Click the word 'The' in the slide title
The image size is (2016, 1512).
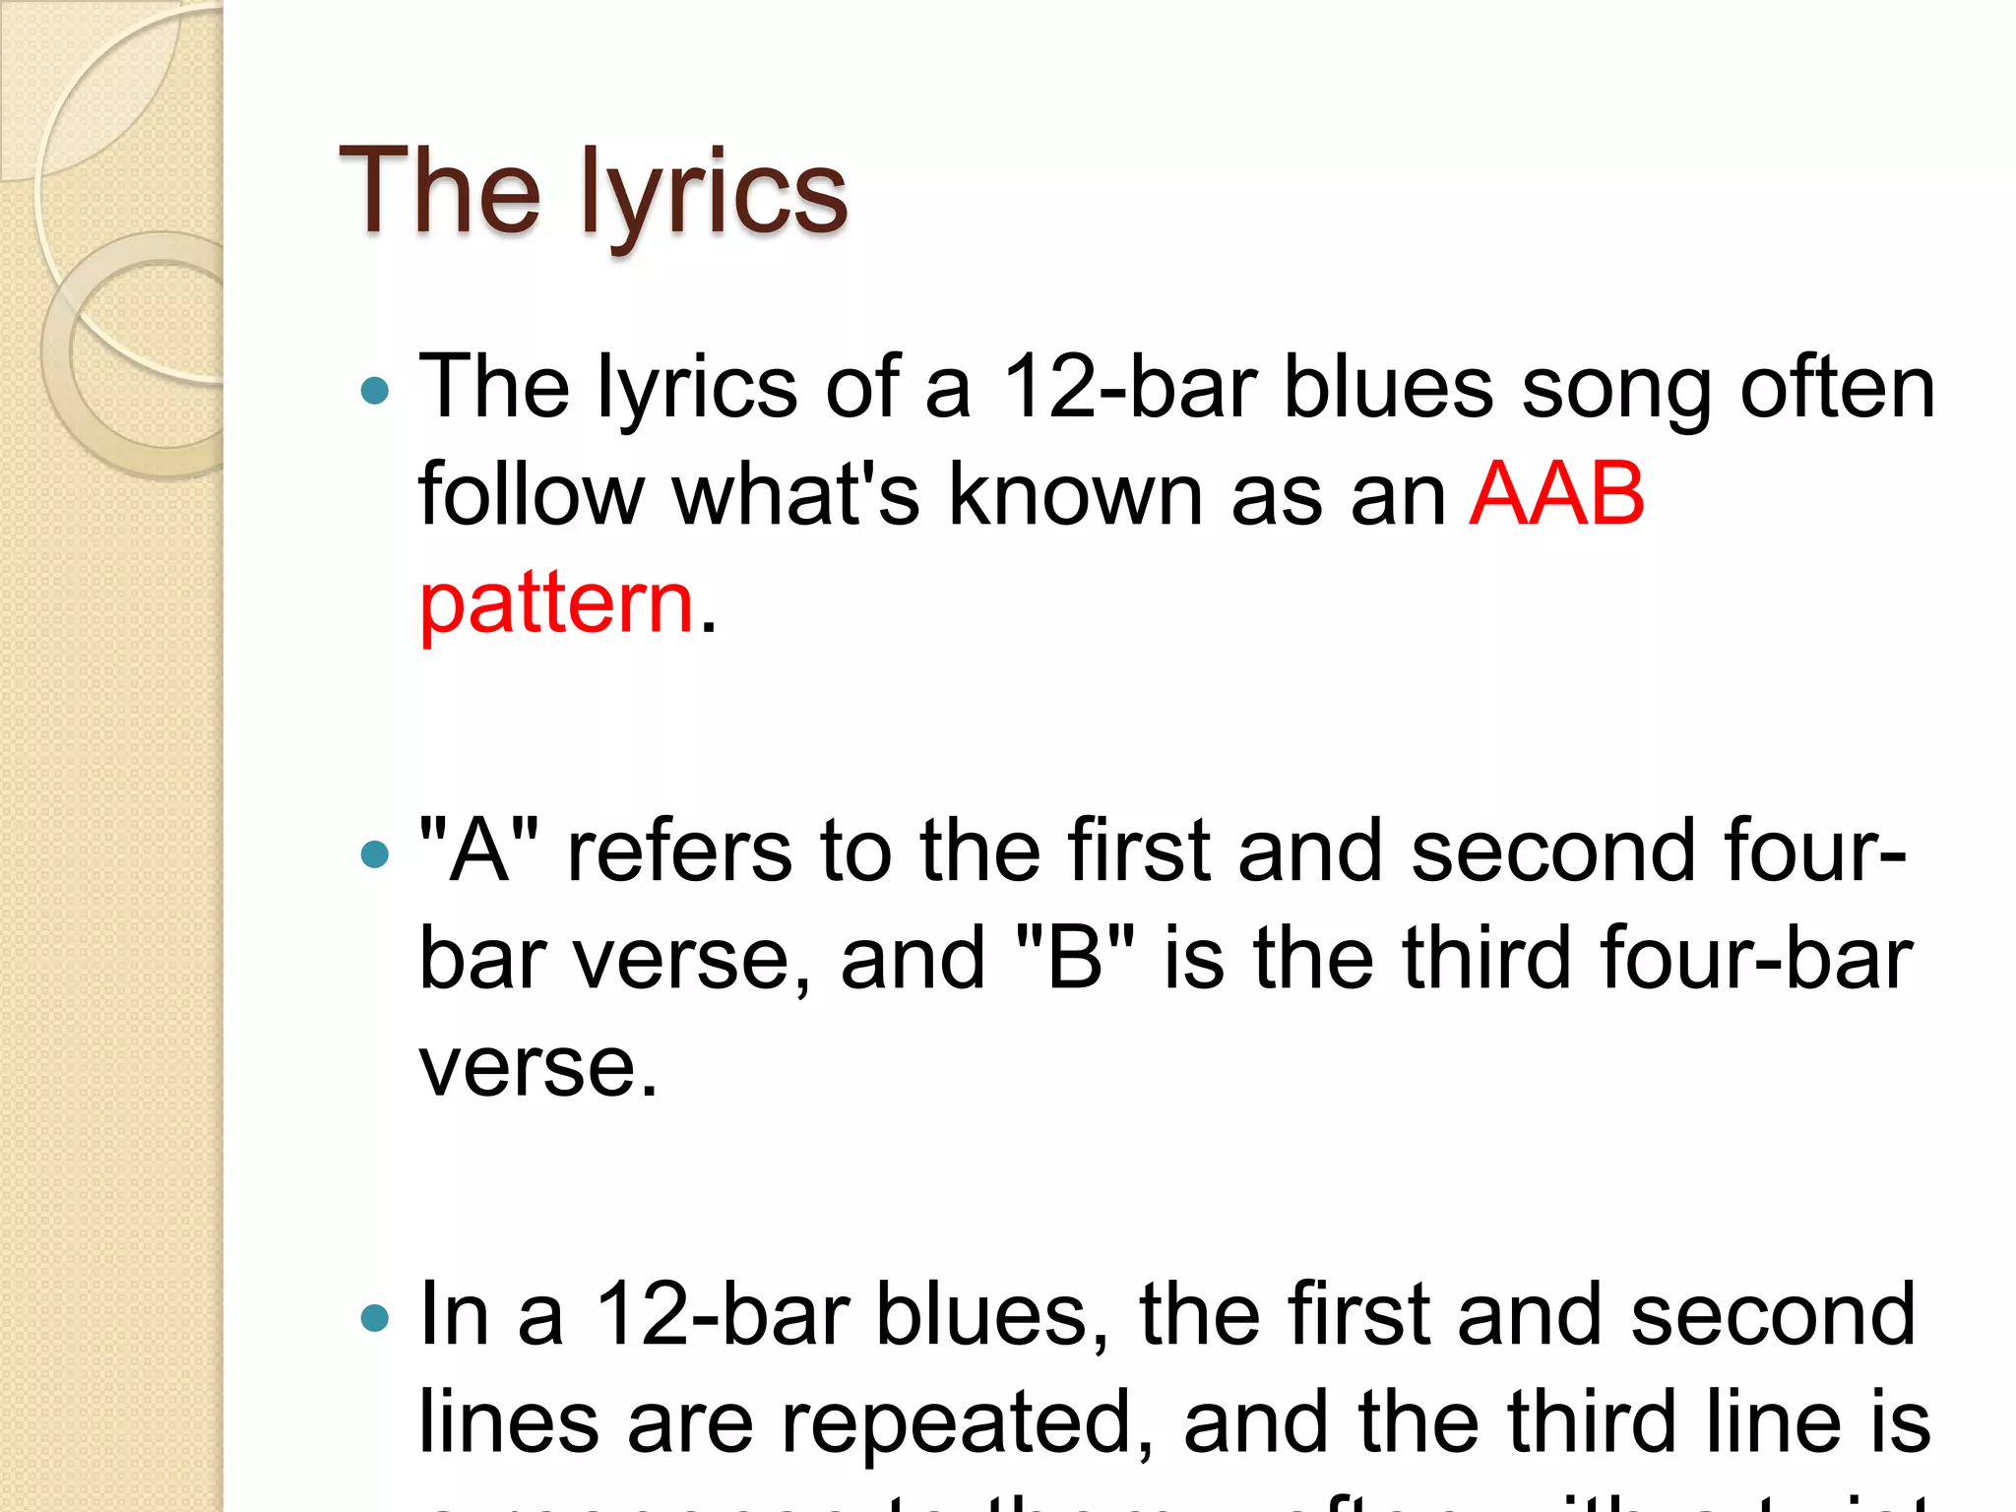439,191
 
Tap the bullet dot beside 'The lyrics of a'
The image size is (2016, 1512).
375,392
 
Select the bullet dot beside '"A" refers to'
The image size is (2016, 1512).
375,853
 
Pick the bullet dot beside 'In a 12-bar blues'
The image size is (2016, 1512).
375,1316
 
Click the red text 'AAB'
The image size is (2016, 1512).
1555,494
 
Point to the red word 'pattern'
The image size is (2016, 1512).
557,602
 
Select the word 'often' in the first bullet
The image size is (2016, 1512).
1837,388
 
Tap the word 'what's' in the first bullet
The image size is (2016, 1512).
795,494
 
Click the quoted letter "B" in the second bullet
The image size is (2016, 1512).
1074,959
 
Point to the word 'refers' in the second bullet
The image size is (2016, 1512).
679,850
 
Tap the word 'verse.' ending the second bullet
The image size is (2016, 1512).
537,1067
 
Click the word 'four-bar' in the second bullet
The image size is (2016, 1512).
1756,959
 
